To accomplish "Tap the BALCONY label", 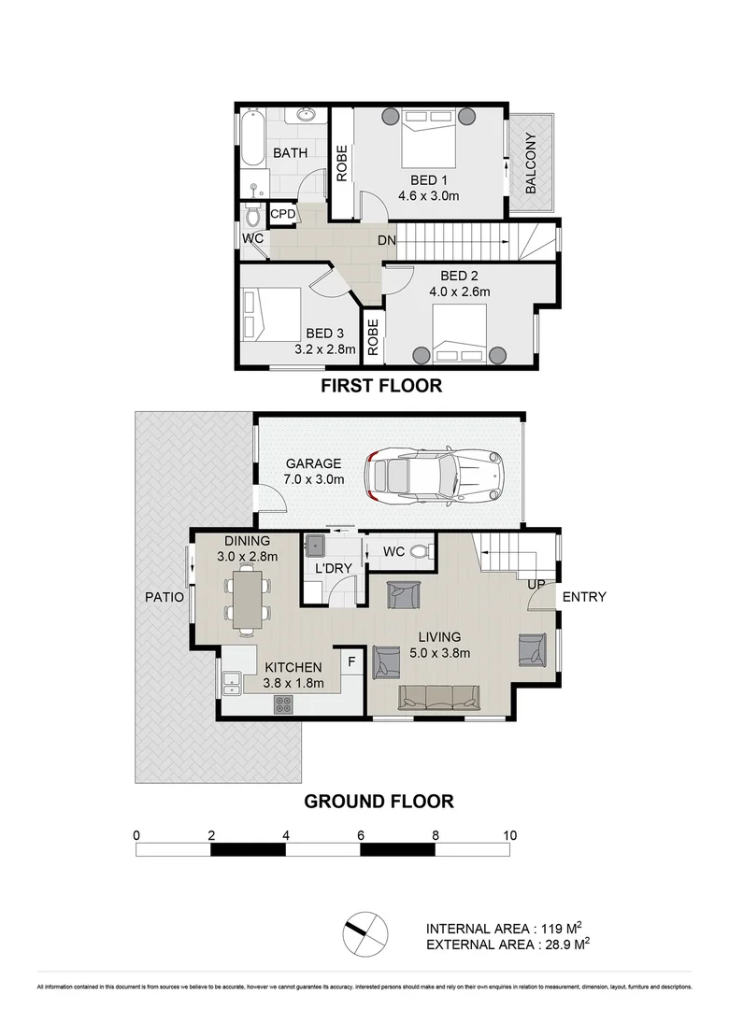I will coord(531,163).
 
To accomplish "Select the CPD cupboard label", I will coord(283,214).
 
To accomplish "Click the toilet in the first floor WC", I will coord(251,217).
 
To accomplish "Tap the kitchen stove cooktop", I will coord(284,704).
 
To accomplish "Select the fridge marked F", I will coord(351,662).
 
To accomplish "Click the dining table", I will coord(247,599).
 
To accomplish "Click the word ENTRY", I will coord(585,597).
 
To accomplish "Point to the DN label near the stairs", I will coord(387,240).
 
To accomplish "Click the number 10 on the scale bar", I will coord(509,835).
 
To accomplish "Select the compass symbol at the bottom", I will coord(363,932).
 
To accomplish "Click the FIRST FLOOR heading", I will coord(381,386).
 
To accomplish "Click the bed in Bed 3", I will coord(272,315).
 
